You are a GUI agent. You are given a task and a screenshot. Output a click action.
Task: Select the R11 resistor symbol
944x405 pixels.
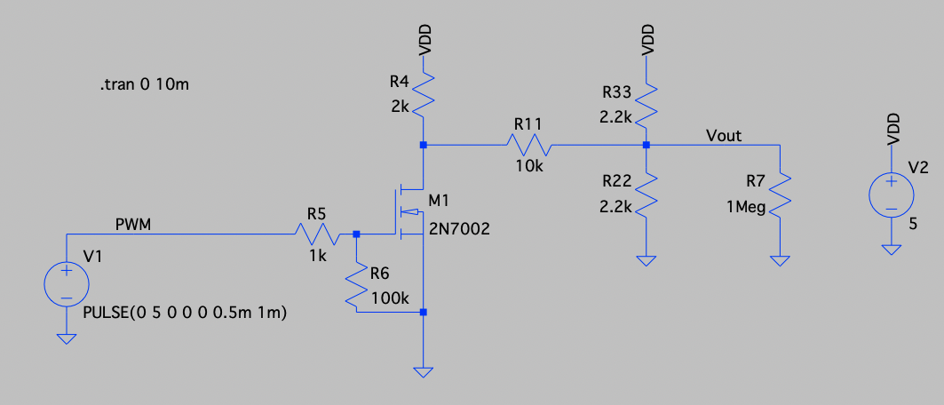point(530,144)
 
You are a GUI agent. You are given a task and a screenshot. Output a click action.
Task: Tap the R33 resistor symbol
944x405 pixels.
point(646,105)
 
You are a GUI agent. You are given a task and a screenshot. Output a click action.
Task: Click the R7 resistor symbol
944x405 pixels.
point(779,194)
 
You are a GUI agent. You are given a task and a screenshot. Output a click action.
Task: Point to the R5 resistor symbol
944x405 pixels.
point(317,234)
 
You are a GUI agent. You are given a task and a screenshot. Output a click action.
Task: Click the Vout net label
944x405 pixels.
point(724,136)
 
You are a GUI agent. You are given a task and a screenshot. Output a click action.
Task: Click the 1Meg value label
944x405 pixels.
point(744,207)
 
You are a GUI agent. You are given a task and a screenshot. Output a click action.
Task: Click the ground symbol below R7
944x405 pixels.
point(779,260)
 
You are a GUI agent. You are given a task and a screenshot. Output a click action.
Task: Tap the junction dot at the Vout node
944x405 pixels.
point(647,145)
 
